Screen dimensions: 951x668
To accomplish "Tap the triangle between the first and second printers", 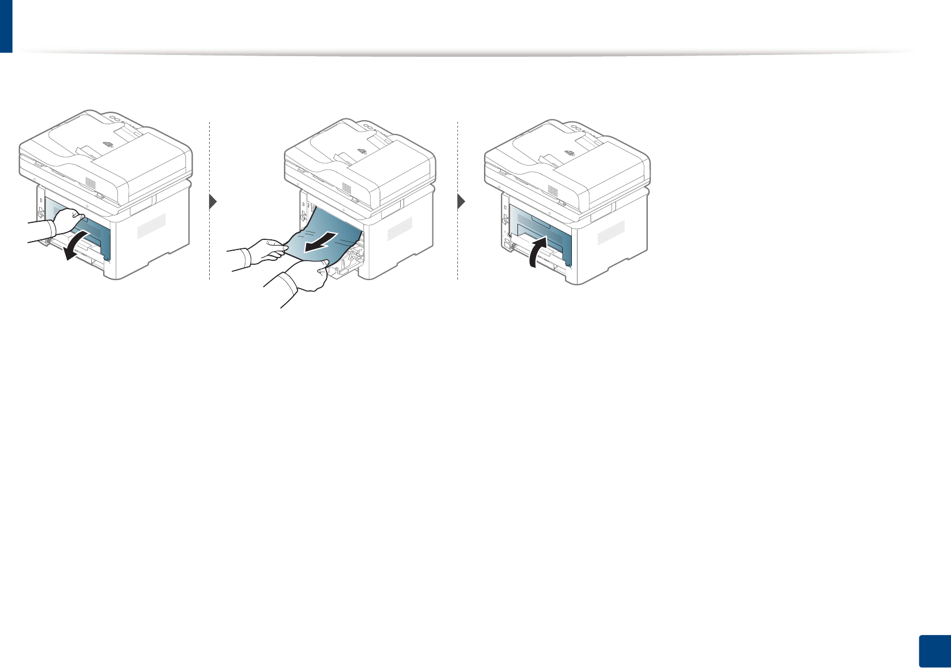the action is pos(214,201).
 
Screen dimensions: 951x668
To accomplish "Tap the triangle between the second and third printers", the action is pos(461,201).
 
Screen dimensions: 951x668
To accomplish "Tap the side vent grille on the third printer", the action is pos(611,229).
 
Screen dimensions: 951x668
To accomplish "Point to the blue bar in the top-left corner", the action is pos(6,26).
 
